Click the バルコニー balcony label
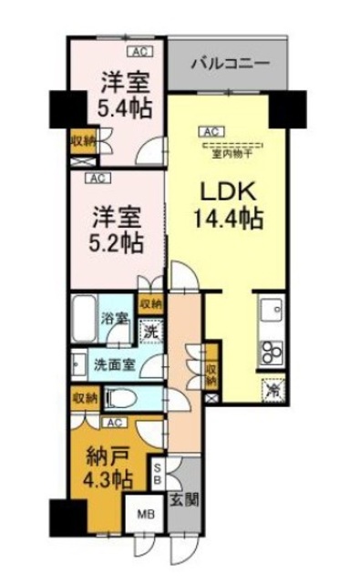pos(229,66)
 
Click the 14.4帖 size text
pos(228,219)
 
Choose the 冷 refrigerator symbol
pos(273,391)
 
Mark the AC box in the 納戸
pos(115,423)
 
